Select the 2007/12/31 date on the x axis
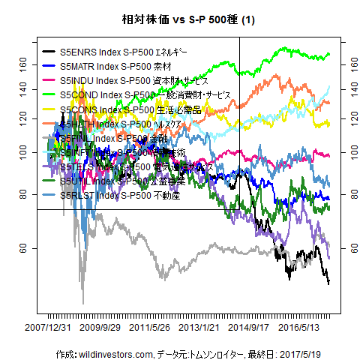[49, 327]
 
